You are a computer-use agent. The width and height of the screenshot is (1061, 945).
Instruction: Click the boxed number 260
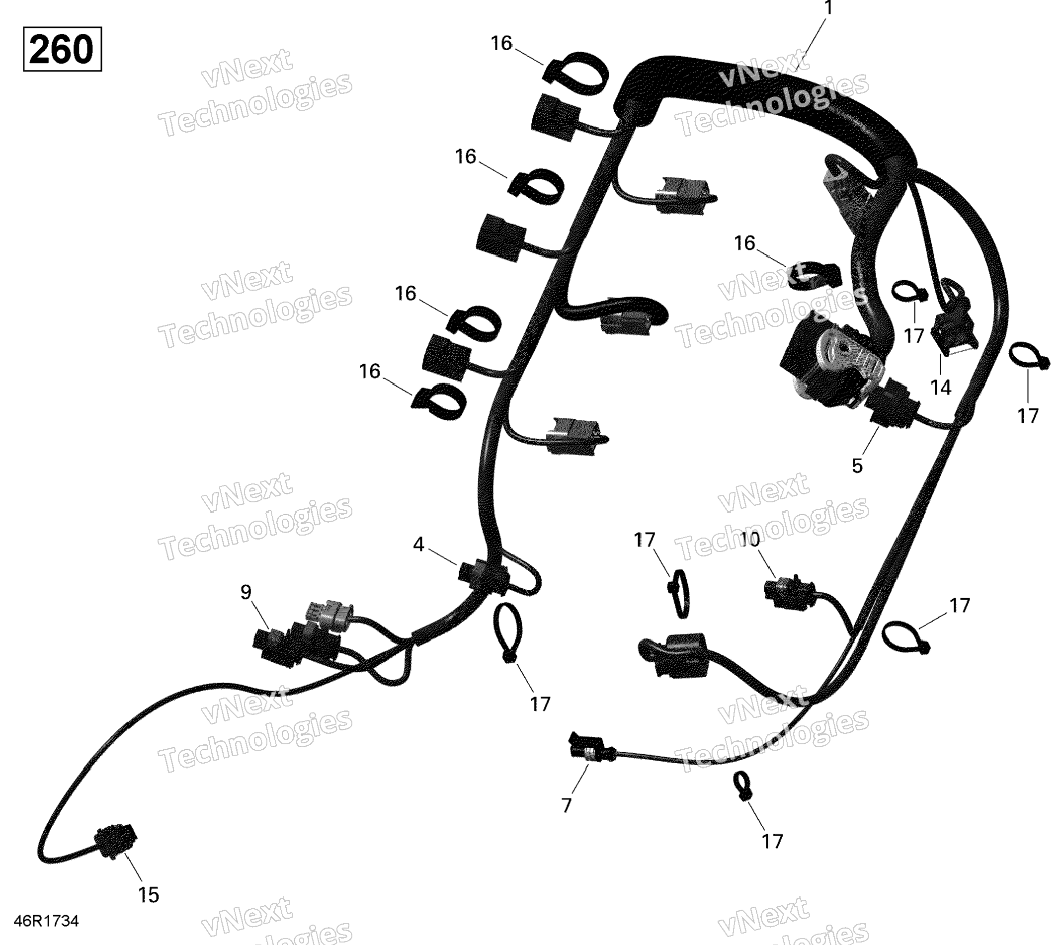coord(62,49)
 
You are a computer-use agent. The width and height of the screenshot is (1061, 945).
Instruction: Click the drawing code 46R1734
coord(46,921)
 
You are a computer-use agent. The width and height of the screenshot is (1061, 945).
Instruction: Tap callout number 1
coord(828,9)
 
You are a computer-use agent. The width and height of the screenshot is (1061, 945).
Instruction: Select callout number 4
coord(418,545)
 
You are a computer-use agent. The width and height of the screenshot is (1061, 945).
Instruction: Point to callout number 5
coord(857,466)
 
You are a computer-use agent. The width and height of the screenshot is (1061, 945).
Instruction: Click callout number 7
coord(566,805)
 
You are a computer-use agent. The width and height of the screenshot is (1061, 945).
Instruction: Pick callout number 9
coord(245,592)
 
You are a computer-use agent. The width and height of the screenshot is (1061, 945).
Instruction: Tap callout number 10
coord(750,540)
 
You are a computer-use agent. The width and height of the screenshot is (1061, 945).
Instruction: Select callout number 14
coord(941,388)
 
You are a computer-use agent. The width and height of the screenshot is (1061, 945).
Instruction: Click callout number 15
coord(149,895)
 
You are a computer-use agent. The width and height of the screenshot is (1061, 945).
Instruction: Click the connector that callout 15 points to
coord(115,840)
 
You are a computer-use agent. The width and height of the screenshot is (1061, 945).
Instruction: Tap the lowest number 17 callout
coord(772,841)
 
